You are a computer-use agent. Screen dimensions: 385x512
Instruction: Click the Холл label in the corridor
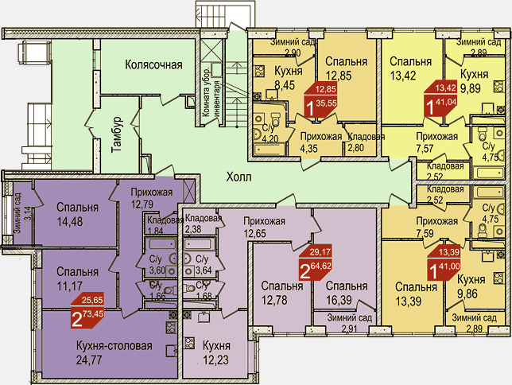(x=239, y=177)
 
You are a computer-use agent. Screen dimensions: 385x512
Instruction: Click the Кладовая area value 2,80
(x=355, y=148)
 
